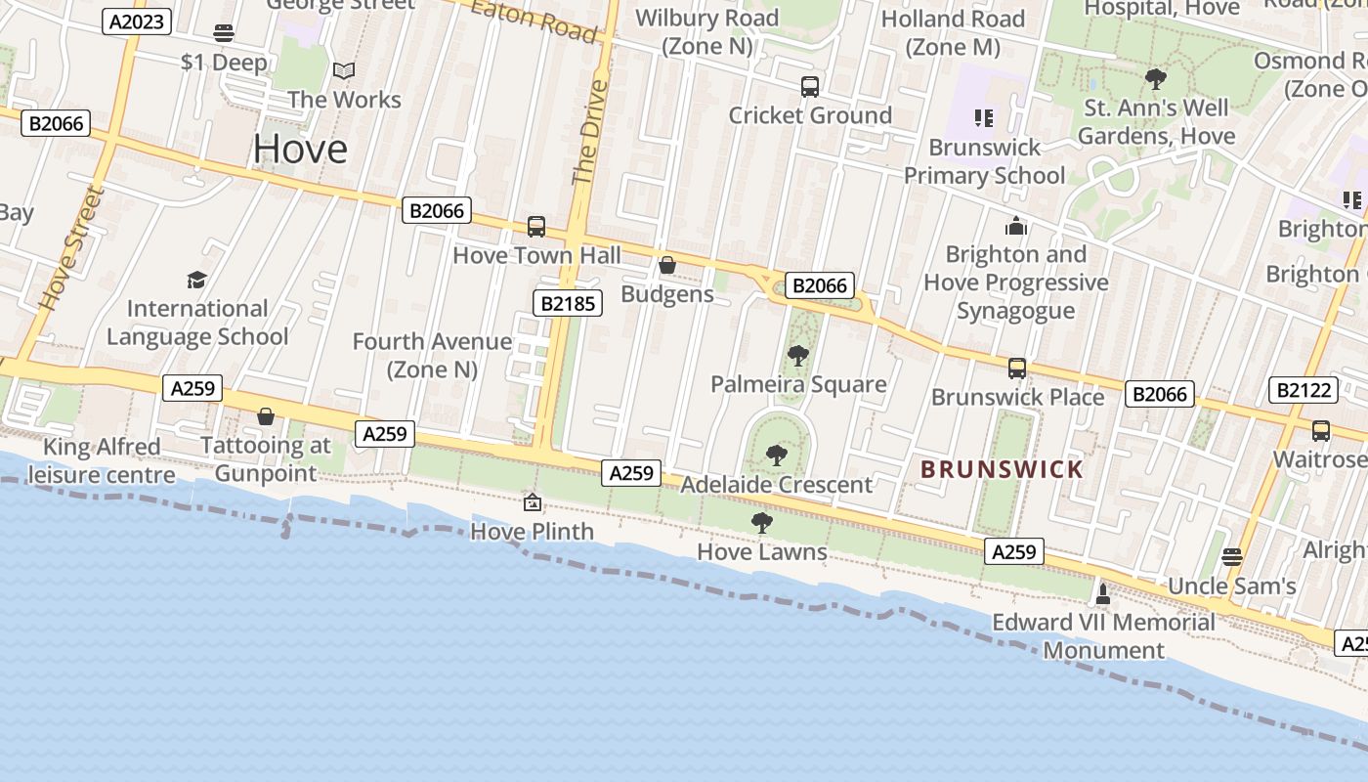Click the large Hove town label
point(300,150)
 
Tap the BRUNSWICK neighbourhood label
point(1002,469)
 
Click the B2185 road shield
point(567,303)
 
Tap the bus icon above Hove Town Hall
point(536,227)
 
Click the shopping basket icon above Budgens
point(667,265)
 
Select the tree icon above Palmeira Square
point(798,356)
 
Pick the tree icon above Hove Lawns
point(762,523)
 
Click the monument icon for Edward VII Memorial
point(1103,593)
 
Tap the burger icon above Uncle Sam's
point(1232,557)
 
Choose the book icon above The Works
point(343,71)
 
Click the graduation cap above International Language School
point(197,281)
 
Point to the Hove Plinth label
point(532,531)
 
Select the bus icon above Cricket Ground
point(810,87)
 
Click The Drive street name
point(589,133)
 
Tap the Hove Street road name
point(69,248)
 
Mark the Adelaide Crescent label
point(776,485)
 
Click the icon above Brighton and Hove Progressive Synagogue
point(1016,227)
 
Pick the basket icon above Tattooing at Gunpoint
point(265,417)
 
